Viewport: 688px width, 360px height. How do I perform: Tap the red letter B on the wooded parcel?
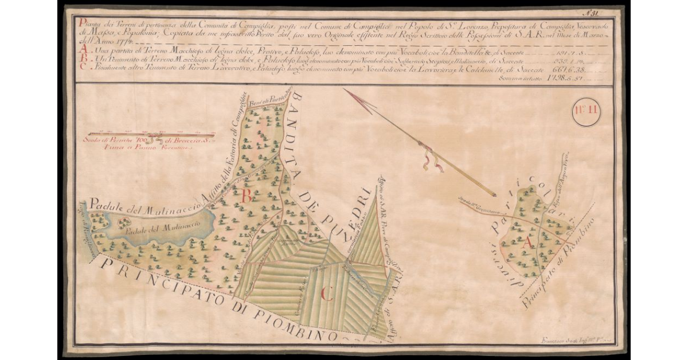(x=248, y=196)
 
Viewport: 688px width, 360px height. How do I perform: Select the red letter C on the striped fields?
(x=327, y=296)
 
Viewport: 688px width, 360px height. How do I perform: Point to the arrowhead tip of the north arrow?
(x=345, y=90)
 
